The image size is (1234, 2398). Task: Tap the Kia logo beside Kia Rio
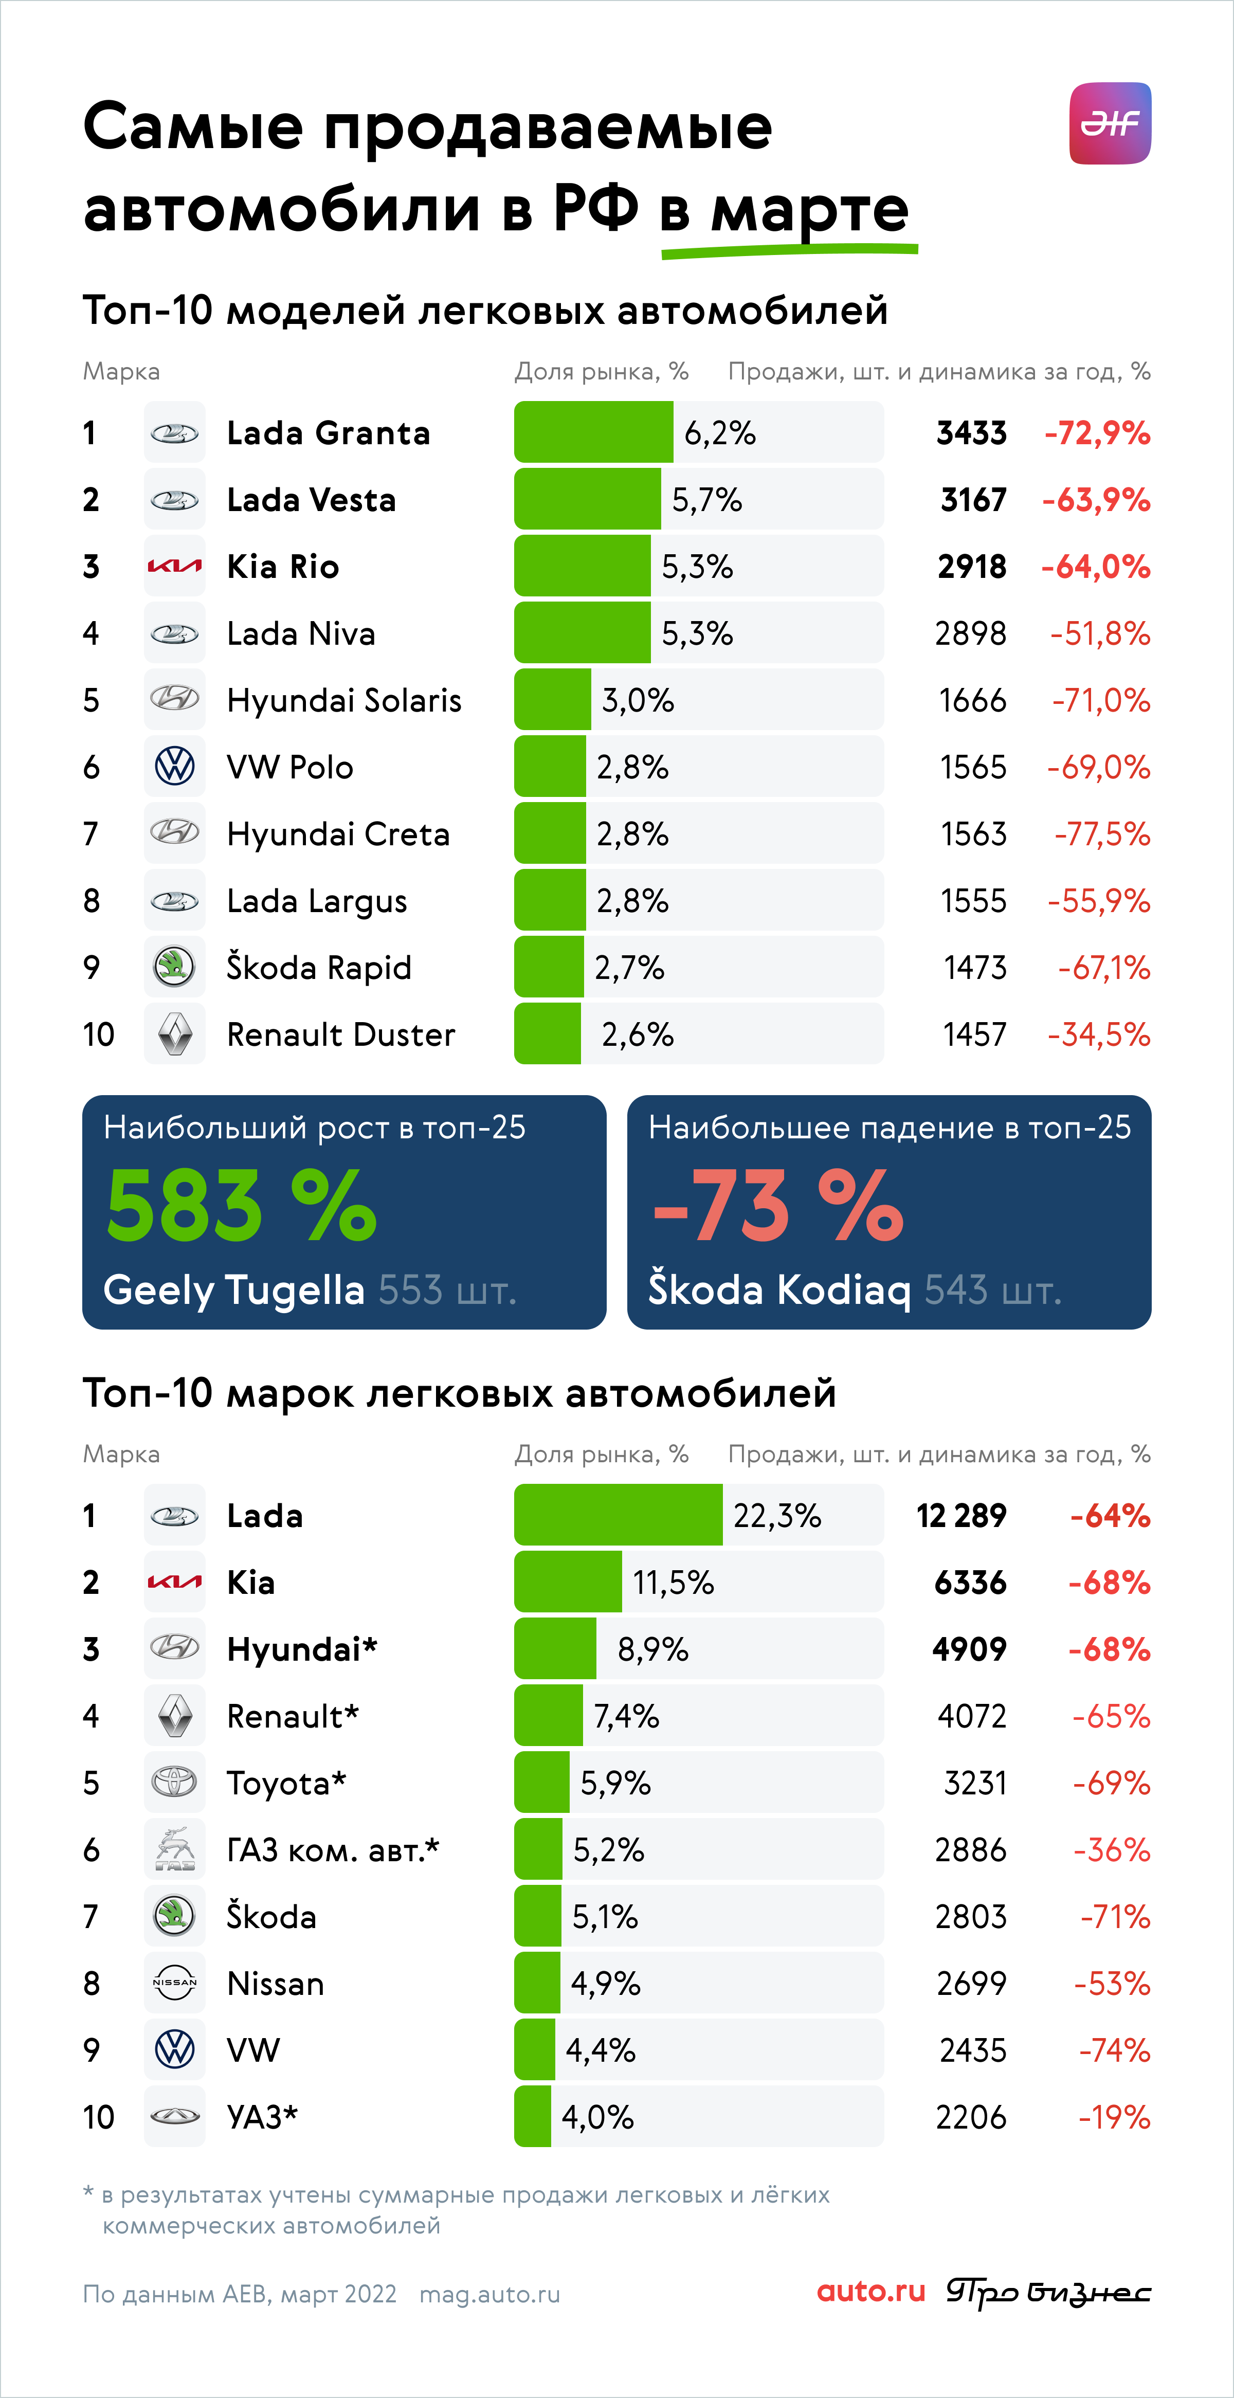(175, 566)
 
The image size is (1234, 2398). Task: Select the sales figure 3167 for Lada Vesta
(973, 500)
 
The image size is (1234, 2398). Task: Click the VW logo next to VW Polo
(175, 767)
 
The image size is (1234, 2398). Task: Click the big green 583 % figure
(242, 1206)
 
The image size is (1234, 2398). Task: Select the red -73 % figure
(778, 1206)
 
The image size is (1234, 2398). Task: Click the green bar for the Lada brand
(618, 1515)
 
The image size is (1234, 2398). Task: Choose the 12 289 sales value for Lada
(961, 1516)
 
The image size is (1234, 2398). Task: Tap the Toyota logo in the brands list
(175, 1782)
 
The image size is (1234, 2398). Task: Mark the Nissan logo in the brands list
(175, 1983)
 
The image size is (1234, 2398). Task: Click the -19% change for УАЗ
(1114, 2117)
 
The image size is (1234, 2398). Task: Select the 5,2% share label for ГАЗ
(609, 1850)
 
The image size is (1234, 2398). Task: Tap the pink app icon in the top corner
(1110, 123)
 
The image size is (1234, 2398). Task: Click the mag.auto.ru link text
(489, 2294)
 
